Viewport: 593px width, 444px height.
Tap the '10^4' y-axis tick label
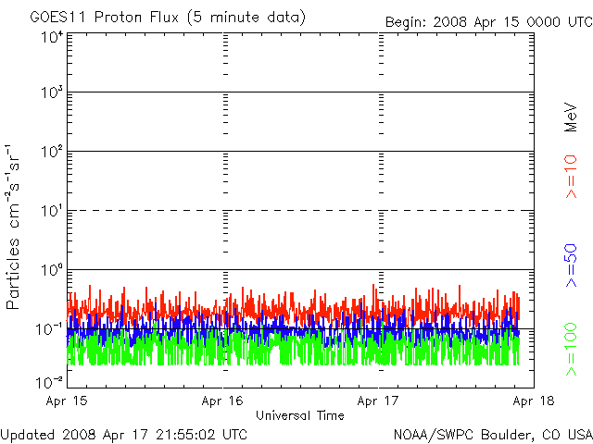[x=51, y=36]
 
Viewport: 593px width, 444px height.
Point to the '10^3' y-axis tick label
[x=51, y=93]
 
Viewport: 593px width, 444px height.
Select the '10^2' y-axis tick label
[x=51, y=152]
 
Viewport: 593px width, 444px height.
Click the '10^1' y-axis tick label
[x=51, y=211]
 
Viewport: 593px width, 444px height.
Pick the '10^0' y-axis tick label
[x=51, y=270]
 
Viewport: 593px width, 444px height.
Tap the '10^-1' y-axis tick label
[x=49, y=328]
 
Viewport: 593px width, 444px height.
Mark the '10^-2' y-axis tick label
[x=49, y=380]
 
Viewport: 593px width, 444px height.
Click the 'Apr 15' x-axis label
[x=67, y=401]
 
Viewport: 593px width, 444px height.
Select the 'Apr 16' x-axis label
[x=223, y=401]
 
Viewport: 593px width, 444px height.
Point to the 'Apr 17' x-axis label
[x=379, y=401]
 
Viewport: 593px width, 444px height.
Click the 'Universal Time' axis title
[x=299, y=415]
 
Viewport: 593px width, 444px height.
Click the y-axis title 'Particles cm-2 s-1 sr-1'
[x=15, y=226]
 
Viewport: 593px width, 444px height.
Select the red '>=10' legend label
[x=571, y=176]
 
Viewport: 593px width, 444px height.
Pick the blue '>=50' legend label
[x=571, y=266]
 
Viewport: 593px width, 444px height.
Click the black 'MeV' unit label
[x=571, y=116]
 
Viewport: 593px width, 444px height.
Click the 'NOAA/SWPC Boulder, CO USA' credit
[x=492, y=434]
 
